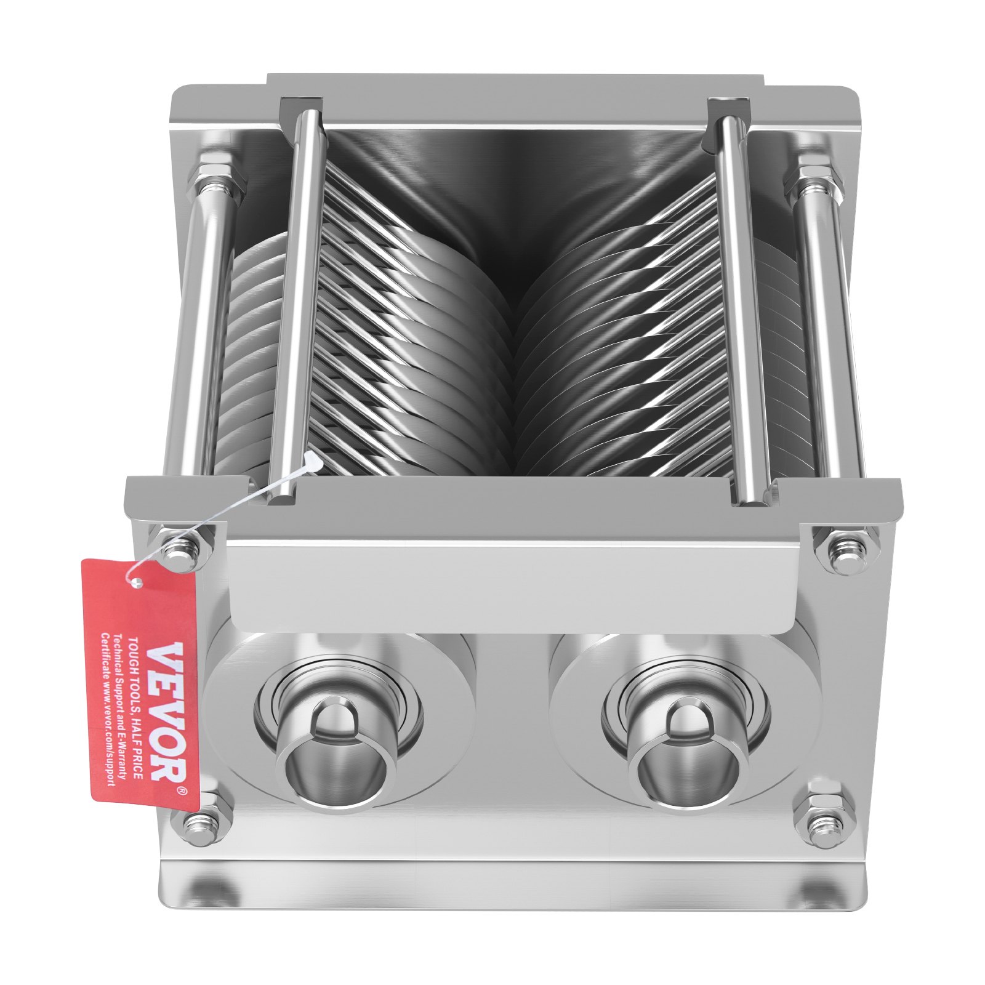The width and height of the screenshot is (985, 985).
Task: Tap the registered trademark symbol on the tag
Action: tap(182, 790)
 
